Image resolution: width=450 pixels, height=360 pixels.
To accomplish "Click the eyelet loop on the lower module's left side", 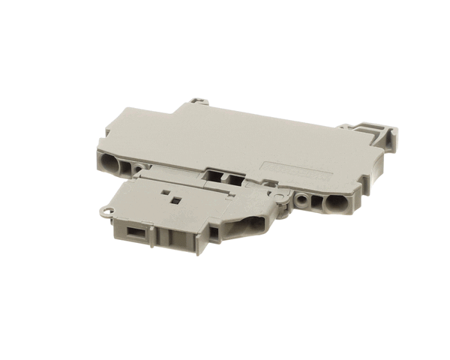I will click(x=113, y=213).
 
